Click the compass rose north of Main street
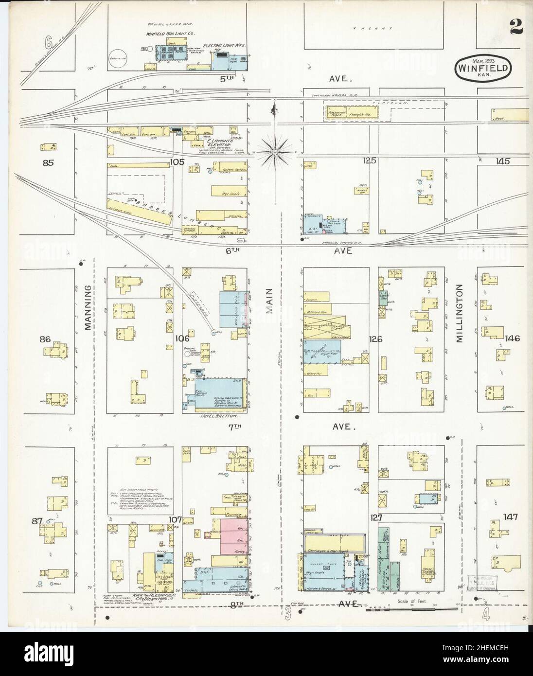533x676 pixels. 275,152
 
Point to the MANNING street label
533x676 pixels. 89,308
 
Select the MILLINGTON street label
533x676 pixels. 460,314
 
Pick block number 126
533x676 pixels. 376,339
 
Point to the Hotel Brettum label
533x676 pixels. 213,417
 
